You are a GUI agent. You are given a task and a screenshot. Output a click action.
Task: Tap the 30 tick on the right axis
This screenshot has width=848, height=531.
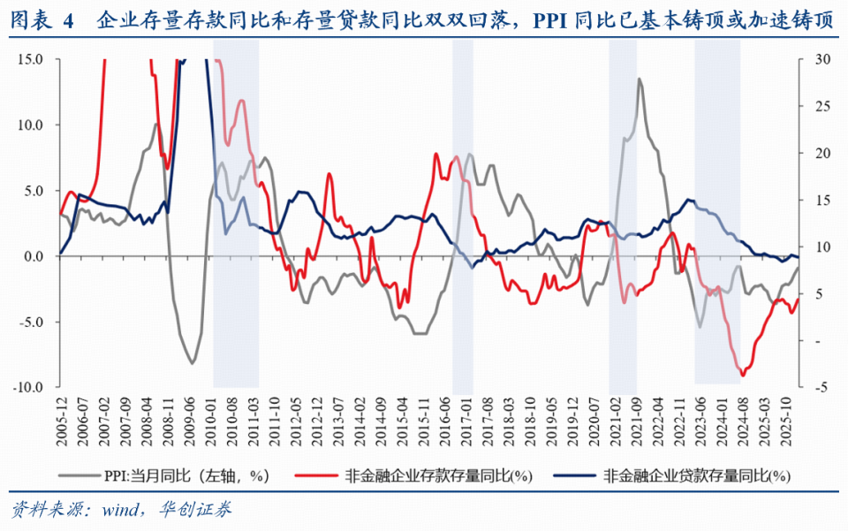click(818, 59)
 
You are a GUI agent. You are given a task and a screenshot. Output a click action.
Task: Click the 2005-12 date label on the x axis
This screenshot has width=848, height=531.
click(60, 416)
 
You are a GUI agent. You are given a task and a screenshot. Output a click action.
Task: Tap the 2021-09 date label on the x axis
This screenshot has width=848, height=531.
click(636, 416)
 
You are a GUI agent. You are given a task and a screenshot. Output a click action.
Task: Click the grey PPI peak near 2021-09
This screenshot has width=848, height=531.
click(639, 79)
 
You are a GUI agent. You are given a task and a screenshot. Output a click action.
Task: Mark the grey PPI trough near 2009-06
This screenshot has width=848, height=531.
click(192, 363)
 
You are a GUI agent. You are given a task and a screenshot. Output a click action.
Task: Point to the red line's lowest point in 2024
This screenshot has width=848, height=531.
click(742, 375)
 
